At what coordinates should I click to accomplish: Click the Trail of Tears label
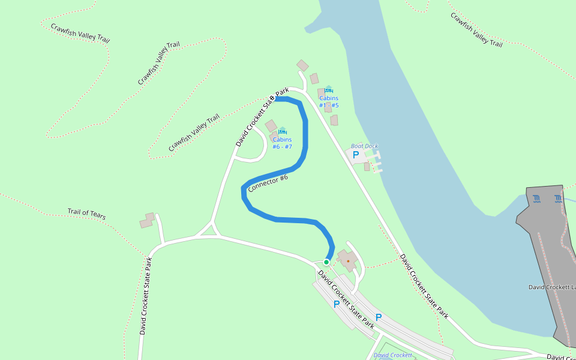point(86,213)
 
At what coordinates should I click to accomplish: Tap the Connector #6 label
point(268,183)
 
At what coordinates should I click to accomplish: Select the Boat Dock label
point(364,146)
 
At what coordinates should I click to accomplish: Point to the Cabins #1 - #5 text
point(329,102)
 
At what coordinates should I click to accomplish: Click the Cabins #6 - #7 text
point(282,143)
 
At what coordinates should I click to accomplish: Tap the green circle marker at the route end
point(326,262)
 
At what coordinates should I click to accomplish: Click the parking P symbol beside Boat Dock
point(356,155)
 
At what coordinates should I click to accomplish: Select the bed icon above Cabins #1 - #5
point(328,89)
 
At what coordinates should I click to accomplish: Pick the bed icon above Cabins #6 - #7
point(283,131)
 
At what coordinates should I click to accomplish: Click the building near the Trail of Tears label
point(147,221)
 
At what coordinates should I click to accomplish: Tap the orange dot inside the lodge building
point(348,261)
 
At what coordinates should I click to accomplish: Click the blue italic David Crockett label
point(392,355)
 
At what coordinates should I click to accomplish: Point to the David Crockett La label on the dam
point(551,287)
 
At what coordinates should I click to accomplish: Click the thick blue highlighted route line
point(305,138)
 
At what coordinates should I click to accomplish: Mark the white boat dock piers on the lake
point(376,161)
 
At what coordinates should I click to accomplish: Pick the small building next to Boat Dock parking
point(367,167)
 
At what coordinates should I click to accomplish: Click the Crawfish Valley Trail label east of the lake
point(476,29)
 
